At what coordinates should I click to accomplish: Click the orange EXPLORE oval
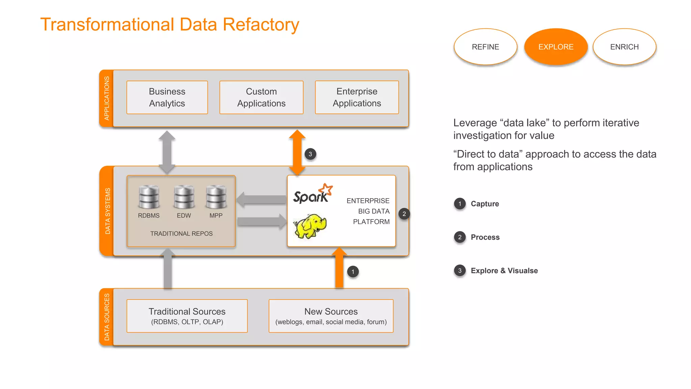point(556,47)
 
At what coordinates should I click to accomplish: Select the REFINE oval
point(485,47)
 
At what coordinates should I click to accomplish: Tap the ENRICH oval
point(624,47)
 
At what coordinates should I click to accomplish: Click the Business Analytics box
point(167,97)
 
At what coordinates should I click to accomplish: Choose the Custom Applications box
point(261,97)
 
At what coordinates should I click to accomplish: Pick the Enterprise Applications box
point(357,97)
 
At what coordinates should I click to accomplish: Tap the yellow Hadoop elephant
point(310,226)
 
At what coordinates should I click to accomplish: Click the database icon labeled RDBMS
point(149,197)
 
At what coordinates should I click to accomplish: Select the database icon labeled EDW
point(184,197)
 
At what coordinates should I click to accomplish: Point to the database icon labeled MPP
point(216,197)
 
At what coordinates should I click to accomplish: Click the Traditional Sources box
point(187,316)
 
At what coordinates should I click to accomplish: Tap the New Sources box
point(331,316)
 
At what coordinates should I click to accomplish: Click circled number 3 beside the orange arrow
point(310,154)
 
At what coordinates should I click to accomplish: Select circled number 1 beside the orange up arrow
point(353,271)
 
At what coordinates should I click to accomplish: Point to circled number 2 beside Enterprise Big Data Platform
point(404,214)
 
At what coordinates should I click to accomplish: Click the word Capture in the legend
point(485,204)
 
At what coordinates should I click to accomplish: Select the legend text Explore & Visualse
point(504,270)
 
